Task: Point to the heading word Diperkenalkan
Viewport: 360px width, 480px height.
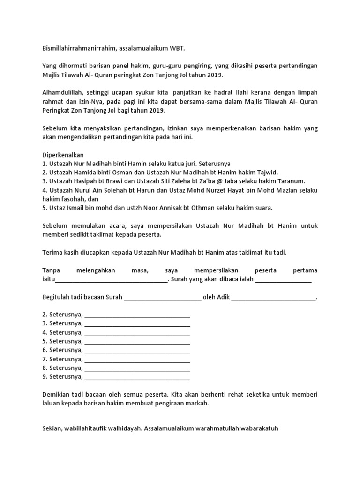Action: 63,155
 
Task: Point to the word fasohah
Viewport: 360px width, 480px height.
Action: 76,199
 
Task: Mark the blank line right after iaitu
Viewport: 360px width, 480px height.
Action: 111,280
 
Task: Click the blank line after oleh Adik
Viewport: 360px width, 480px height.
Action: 274,298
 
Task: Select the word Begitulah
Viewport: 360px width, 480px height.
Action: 58,298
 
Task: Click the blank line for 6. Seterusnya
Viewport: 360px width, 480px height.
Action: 137,350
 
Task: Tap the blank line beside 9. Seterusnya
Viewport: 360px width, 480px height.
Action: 137,376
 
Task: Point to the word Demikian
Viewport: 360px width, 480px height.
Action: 57,394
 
